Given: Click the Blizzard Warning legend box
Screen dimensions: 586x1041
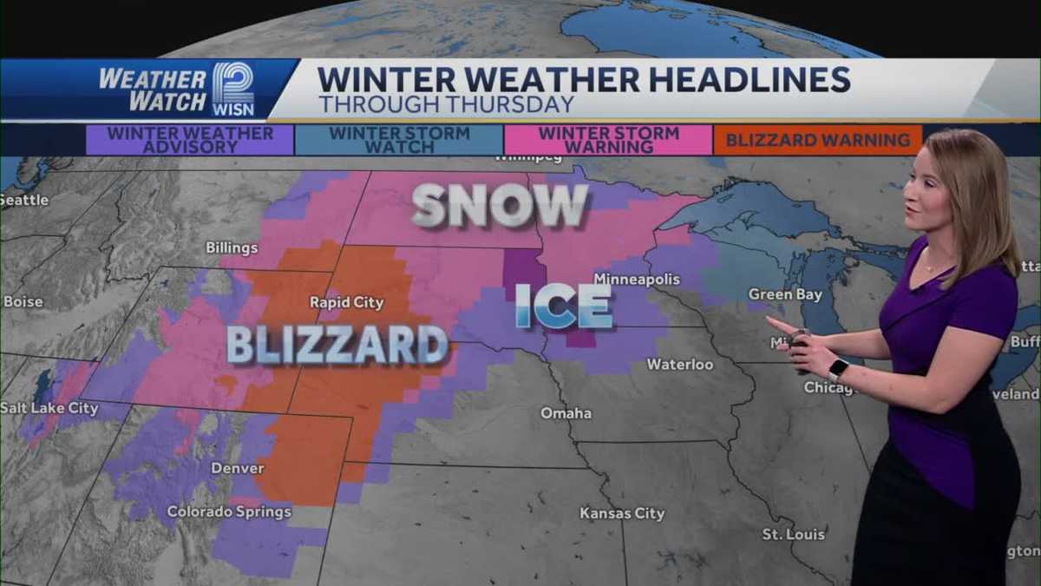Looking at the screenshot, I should (817, 140).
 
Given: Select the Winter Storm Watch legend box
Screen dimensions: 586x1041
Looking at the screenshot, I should (399, 140).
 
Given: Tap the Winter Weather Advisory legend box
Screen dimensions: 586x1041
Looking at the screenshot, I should (190, 140).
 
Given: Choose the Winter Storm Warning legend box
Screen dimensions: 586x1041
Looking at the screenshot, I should (608, 140).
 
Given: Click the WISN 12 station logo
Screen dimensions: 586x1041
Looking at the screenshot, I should (232, 89).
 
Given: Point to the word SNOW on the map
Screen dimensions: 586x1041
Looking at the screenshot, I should (501, 206).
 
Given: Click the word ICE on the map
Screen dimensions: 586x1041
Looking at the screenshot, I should (564, 306).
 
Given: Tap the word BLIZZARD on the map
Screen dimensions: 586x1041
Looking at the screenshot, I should (337, 344).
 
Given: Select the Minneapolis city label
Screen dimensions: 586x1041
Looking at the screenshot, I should (637, 280).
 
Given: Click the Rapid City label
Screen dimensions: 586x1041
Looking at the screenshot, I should (347, 302).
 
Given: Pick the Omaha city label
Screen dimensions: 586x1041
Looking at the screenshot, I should (566, 413).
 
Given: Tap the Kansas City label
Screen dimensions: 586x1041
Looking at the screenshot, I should (622, 513).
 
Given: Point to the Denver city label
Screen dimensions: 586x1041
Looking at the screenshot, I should (238, 468).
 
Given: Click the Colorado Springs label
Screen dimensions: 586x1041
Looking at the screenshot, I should (229, 511).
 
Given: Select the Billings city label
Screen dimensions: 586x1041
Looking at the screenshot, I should (232, 248).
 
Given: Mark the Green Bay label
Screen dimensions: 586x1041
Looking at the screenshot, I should (785, 295).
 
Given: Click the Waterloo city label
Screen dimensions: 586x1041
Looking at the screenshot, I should (680, 365).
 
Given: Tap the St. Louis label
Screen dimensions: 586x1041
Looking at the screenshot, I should (793, 534).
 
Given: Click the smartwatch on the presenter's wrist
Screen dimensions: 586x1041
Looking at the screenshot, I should (838, 369).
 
